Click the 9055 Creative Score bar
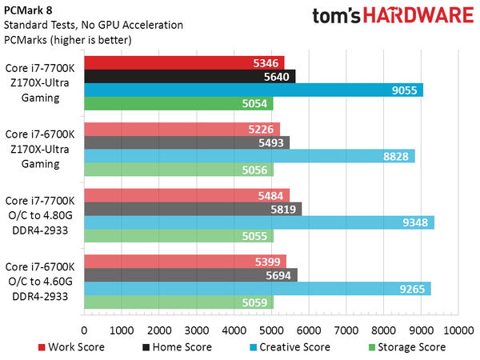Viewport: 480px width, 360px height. click(253, 90)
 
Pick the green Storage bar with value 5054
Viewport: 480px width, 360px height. click(178, 104)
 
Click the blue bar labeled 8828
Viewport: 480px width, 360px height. click(249, 156)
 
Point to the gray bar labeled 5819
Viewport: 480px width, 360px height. click(193, 209)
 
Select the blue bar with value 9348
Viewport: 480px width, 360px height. click(258, 222)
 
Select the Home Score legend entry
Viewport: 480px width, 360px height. click(177, 347)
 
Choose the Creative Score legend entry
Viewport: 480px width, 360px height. click(290, 347)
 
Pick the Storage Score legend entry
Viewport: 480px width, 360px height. click(406, 347)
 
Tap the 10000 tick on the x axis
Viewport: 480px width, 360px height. click(457, 330)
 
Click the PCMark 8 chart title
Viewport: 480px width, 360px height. click(27, 10)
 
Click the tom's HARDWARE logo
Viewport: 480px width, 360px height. click(387, 20)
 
